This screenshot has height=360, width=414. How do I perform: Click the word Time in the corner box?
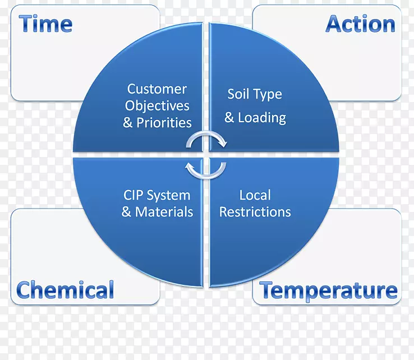tap(45, 24)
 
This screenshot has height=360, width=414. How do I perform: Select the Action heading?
tap(360, 24)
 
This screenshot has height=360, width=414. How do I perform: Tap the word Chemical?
tap(65, 289)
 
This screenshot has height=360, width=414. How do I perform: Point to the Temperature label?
tap(329, 290)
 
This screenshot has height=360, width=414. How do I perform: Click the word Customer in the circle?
tap(157, 89)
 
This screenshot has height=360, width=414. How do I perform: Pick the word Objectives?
tap(157, 106)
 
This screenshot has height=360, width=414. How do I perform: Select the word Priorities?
tap(164, 122)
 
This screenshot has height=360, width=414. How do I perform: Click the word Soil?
tap(238, 94)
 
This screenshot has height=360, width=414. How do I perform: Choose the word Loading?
tap(262, 118)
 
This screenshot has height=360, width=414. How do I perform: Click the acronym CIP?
tap(134, 195)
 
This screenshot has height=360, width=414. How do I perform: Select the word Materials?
tap(164, 212)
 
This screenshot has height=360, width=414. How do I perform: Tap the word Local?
tap(255, 195)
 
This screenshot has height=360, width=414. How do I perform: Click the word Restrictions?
tap(255, 212)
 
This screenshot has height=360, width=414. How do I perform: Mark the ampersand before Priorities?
tap(128, 123)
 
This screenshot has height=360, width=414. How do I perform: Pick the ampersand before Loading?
tap(229, 118)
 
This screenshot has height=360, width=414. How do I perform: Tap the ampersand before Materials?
tap(126, 212)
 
